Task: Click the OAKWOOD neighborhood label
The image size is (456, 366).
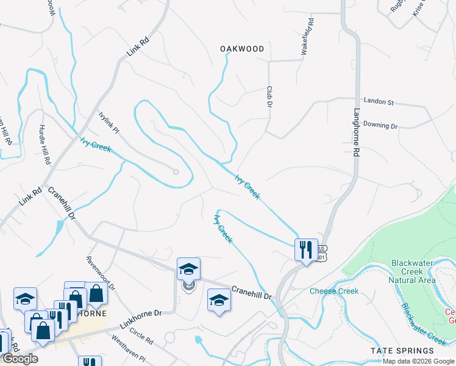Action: tap(242, 49)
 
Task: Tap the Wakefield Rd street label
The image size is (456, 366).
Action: tap(308, 37)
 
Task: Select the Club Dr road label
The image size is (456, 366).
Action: tap(268, 97)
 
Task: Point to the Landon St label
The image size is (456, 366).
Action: tap(379, 101)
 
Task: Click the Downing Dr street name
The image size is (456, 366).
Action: tap(380, 125)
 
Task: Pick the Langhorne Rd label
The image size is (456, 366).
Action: tap(357, 133)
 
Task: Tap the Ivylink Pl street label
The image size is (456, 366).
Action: tap(109, 123)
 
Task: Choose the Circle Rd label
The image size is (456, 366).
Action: tap(141, 336)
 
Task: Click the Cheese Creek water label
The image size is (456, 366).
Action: tap(334, 291)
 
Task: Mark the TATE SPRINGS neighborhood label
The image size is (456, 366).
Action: tap(403, 351)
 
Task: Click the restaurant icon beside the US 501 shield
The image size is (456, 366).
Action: tap(306, 249)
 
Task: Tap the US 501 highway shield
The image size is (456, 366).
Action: tap(322, 253)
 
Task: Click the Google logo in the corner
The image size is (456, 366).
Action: tap(20, 359)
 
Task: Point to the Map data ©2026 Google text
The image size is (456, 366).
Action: tap(418, 361)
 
